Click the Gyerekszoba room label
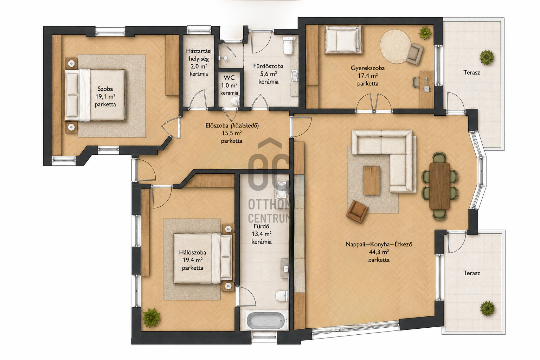[368, 68]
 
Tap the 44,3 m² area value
[379, 252]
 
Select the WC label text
[229, 78]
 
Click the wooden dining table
[439, 186]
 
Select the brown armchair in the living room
[357, 212]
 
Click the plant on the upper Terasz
[487, 57]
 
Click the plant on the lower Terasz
[487, 309]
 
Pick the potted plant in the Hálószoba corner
[151, 318]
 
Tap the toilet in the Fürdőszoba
[288, 45]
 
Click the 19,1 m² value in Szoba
[105, 97]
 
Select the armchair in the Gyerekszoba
[414, 53]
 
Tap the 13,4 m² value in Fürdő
[262, 234]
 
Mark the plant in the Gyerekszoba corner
[425, 33]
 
